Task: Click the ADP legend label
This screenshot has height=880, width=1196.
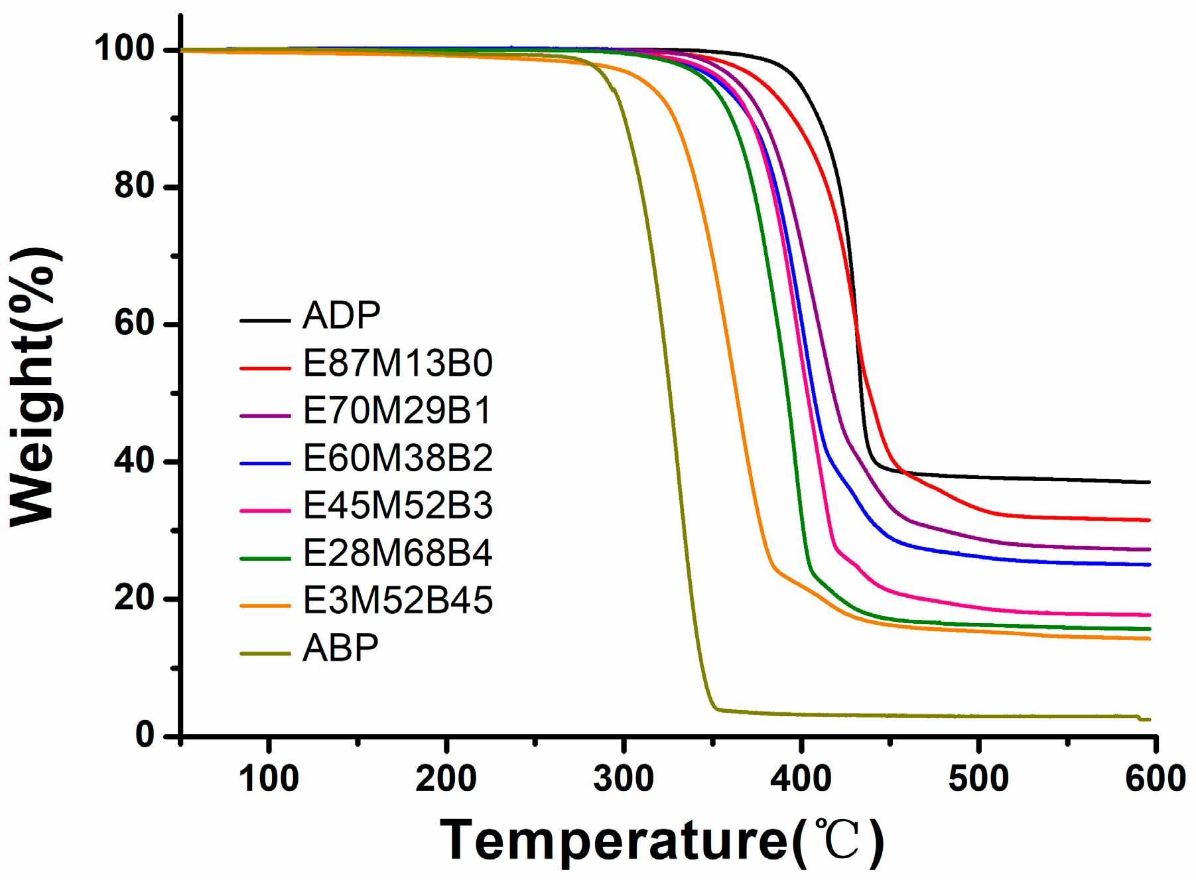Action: pyautogui.click(x=341, y=315)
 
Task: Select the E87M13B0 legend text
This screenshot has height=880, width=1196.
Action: pyautogui.click(x=397, y=364)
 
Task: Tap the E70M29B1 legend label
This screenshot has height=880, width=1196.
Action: pyautogui.click(x=397, y=411)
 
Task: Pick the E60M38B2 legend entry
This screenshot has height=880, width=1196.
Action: pyautogui.click(x=397, y=459)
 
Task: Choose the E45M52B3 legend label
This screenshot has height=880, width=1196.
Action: pyautogui.click(x=397, y=506)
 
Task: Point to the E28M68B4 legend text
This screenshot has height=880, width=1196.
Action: pyautogui.click(x=397, y=553)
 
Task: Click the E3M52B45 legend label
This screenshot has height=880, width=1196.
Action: pyautogui.click(x=397, y=601)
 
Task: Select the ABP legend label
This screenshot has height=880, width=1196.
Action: pyautogui.click(x=340, y=648)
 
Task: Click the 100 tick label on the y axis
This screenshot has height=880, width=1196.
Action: pyautogui.click(x=124, y=49)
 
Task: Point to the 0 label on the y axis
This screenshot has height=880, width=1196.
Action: pyautogui.click(x=145, y=735)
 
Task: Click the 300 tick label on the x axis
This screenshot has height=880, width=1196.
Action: pyautogui.click(x=624, y=778)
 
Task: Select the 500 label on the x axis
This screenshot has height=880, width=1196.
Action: pyautogui.click(x=978, y=778)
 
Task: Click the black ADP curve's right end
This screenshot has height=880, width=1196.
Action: pyautogui.click(x=1149, y=482)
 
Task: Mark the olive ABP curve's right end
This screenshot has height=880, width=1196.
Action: pyautogui.click(x=1149, y=719)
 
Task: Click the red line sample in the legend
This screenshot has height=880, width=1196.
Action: pyautogui.click(x=265, y=368)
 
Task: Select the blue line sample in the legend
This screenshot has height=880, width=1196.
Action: pyautogui.click(x=265, y=463)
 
